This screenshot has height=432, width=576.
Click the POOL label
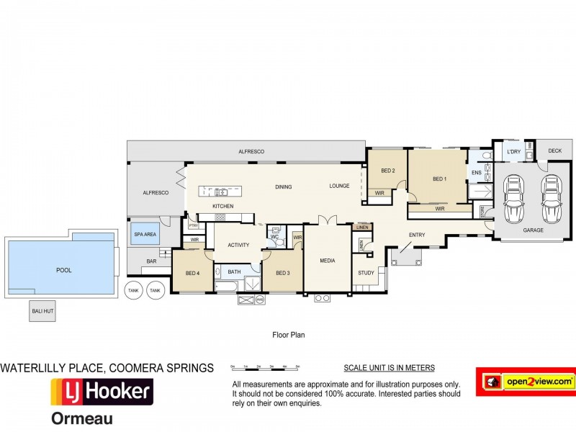pos(64,270)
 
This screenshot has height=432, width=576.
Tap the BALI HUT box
pos(41,312)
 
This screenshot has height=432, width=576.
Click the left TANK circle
pos(132,291)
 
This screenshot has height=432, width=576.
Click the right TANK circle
pos(154,291)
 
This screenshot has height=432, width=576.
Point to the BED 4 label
pos(192,273)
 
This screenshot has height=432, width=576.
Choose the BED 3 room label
pos(282,273)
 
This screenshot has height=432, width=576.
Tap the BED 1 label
pos(439,179)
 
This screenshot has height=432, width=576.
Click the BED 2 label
pos(388,171)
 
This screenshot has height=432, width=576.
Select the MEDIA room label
pos(328,261)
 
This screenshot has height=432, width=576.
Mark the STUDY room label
pos(366,273)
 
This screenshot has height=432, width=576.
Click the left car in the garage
pos(516,199)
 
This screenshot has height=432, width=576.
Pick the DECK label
pos(554,150)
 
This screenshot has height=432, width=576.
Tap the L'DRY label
pos(513,152)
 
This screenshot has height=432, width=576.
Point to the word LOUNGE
pos(340,186)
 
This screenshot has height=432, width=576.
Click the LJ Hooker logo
pos(102,392)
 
